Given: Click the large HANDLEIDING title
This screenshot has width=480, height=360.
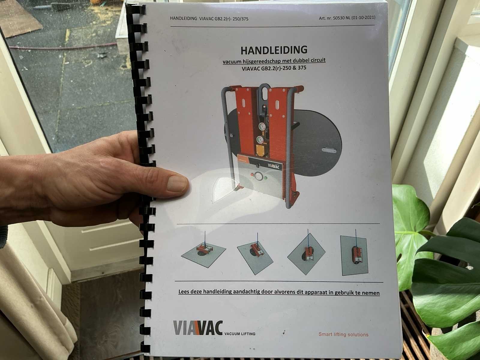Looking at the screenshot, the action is pos(274,50).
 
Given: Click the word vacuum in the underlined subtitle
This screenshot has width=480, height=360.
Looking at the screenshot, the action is pos(232,61).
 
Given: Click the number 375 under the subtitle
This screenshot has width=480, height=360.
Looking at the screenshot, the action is pos(302,68).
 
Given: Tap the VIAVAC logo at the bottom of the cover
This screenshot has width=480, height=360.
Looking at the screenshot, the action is pos(198,328).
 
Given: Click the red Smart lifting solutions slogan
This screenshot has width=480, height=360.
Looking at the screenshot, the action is pos(343,334).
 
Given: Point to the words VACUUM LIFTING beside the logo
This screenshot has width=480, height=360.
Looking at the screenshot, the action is pos(240,334).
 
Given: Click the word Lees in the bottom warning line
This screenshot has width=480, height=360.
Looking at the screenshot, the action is pos(184,291).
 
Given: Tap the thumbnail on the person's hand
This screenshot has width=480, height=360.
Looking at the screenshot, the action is pos(177,184).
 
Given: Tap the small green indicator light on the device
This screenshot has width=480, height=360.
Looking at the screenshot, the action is pos(266,178).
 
